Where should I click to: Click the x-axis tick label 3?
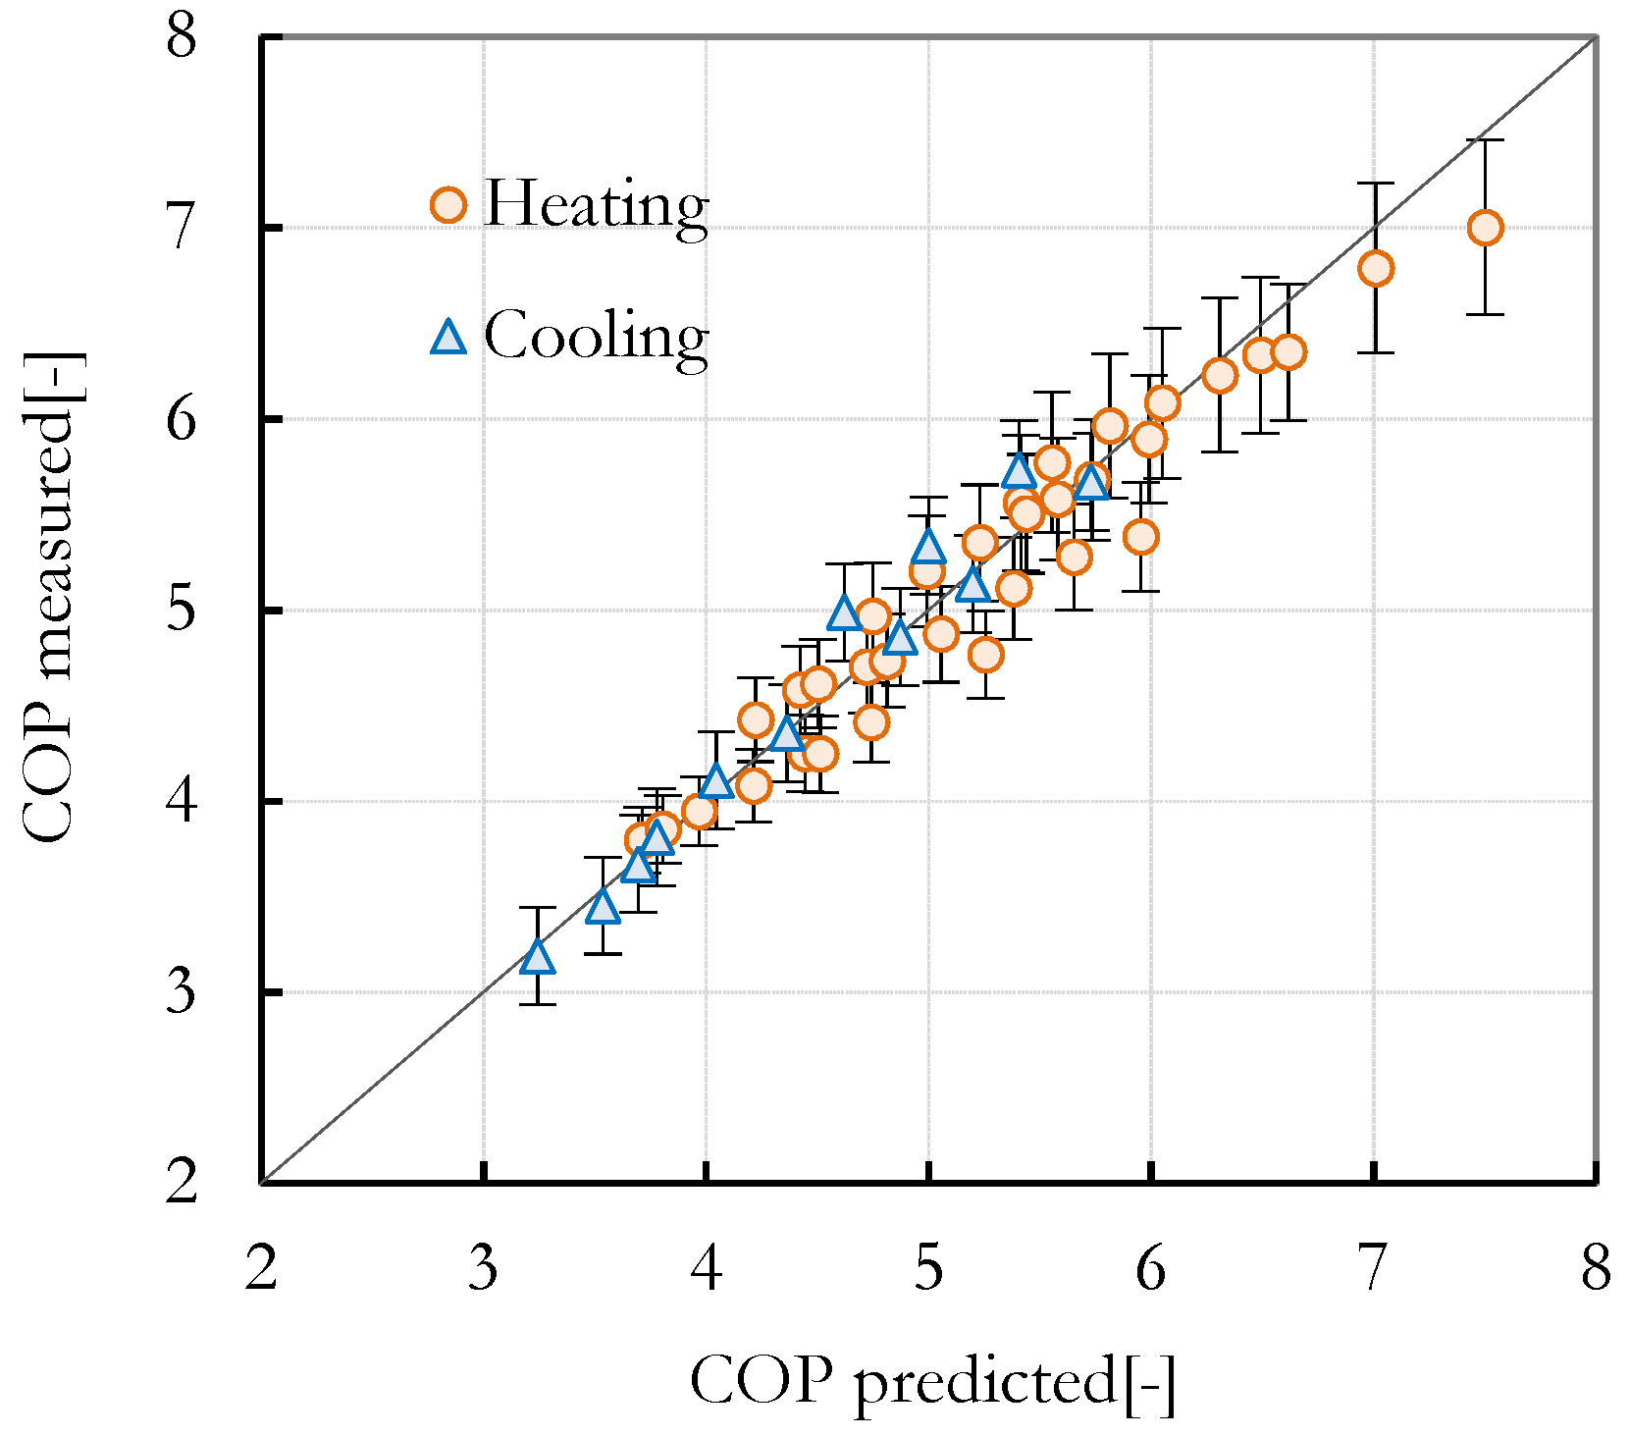pos(483,1268)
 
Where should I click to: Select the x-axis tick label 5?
pos(928,1268)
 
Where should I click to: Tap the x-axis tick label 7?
pos(1373,1268)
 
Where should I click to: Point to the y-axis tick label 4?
pos(182,801)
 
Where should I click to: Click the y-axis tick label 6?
pos(182,419)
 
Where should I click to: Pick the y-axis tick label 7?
pos(182,228)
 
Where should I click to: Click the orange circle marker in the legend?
pos(448,205)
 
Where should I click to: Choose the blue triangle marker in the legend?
pos(448,338)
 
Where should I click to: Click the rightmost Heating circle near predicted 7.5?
pos(1485,228)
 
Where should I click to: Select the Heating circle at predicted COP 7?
pos(1376,268)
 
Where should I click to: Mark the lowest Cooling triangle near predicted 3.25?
pos(538,957)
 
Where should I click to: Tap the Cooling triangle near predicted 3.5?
pos(603,907)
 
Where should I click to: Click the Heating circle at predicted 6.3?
pos(1219,375)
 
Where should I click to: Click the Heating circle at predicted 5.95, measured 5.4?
pos(1140,537)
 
